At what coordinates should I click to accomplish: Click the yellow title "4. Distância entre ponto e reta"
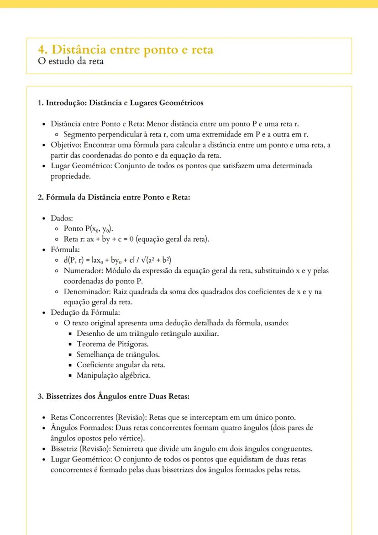tap(126, 49)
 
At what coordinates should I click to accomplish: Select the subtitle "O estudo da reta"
tap(71, 61)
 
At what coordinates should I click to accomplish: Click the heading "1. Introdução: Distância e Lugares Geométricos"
tap(121, 103)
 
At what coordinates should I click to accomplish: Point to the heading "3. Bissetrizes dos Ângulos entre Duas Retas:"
tap(113, 396)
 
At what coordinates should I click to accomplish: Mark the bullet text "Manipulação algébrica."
tap(113, 376)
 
